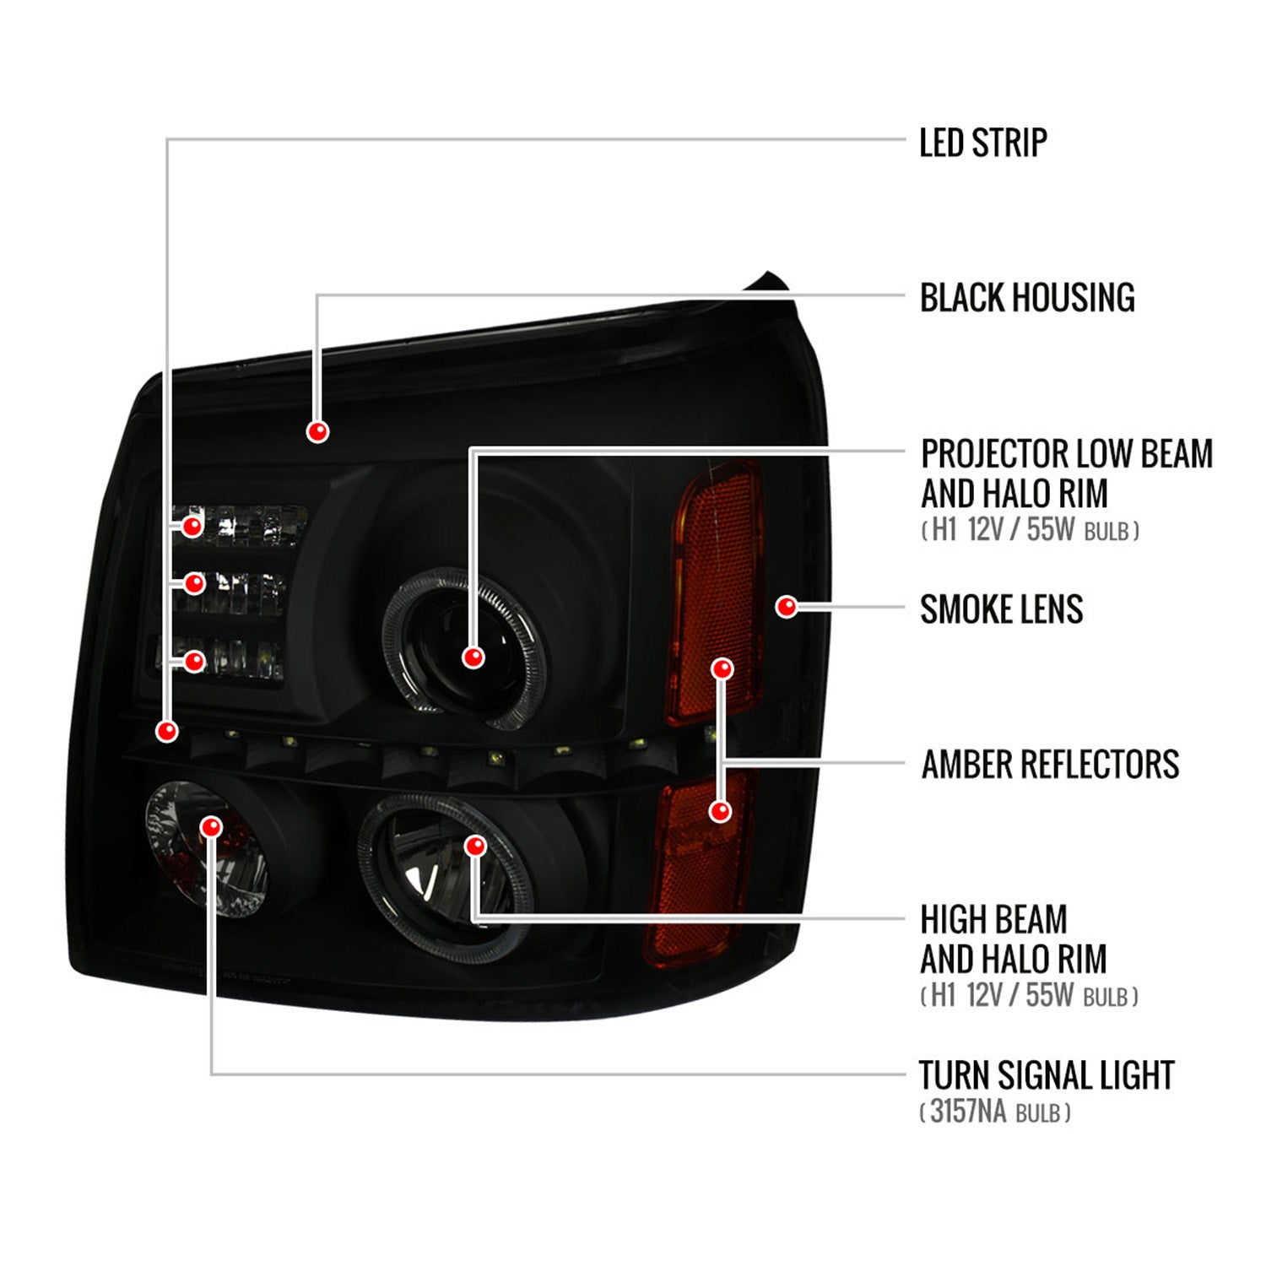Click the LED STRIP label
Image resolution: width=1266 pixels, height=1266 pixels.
pyautogui.click(x=982, y=143)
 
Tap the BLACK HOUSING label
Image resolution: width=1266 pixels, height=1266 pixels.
pyautogui.click(x=1026, y=298)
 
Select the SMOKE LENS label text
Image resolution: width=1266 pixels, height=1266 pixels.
pyautogui.click(x=1001, y=609)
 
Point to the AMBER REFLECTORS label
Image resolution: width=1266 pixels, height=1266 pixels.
pyautogui.click(x=1050, y=765)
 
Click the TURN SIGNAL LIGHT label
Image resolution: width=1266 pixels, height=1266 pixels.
pyautogui.click(x=1046, y=1075)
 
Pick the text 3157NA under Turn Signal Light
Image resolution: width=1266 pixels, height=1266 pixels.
pyautogui.click(x=967, y=1112)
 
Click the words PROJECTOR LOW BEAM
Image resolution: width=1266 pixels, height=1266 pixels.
pyautogui.click(x=1066, y=454)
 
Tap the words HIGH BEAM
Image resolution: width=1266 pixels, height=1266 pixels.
pyautogui.click(x=993, y=919)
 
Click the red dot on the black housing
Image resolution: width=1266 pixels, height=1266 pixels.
pyautogui.click(x=317, y=431)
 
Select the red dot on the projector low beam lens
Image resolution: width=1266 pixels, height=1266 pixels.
pyautogui.click(x=473, y=657)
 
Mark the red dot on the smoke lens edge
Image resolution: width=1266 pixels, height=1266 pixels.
pyautogui.click(x=786, y=606)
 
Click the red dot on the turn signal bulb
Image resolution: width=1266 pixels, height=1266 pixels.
pyautogui.click(x=211, y=826)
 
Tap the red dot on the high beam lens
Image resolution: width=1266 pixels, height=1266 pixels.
pyautogui.click(x=476, y=846)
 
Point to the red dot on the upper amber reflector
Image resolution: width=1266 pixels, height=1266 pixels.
pyautogui.click(x=722, y=669)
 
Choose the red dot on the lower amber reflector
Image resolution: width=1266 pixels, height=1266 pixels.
pyautogui.click(x=720, y=811)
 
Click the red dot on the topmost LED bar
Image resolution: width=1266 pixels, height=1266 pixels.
pyautogui.click(x=193, y=527)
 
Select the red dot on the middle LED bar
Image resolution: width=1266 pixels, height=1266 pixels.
pyautogui.click(x=194, y=583)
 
